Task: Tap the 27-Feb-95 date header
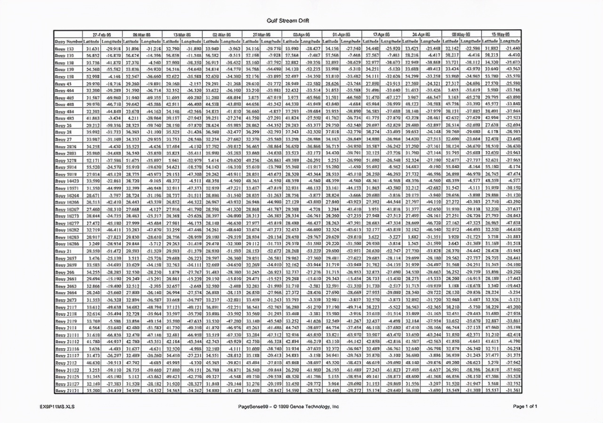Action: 102,34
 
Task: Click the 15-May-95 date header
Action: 502,34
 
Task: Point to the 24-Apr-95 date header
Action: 422,34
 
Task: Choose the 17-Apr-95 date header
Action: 382,34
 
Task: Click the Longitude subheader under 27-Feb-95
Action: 112,41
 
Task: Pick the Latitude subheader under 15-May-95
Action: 492,41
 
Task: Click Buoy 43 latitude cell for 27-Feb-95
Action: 92,83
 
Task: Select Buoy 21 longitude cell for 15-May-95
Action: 512,251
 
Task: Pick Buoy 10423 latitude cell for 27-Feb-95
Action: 92,180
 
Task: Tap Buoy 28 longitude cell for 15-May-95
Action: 512,132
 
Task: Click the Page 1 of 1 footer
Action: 525,406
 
